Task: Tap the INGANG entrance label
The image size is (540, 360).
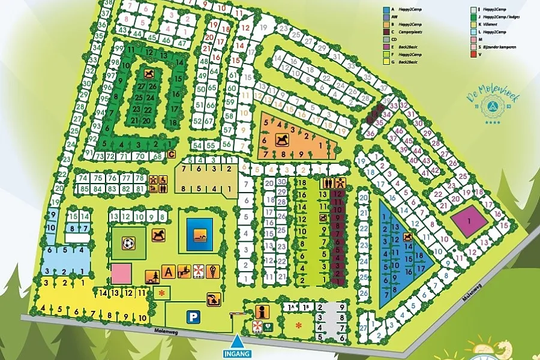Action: click(x=238, y=353)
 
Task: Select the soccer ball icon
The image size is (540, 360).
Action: click(x=128, y=244)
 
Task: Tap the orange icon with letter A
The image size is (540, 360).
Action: click(x=169, y=272)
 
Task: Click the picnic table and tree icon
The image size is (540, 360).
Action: click(x=152, y=277)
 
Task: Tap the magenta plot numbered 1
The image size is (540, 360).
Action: click(x=469, y=220)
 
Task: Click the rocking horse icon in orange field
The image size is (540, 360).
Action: click(x=281, y=140)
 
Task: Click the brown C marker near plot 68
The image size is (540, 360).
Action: click(x=171, y=155)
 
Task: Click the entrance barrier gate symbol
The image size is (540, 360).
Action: click(x=238, y=313)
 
